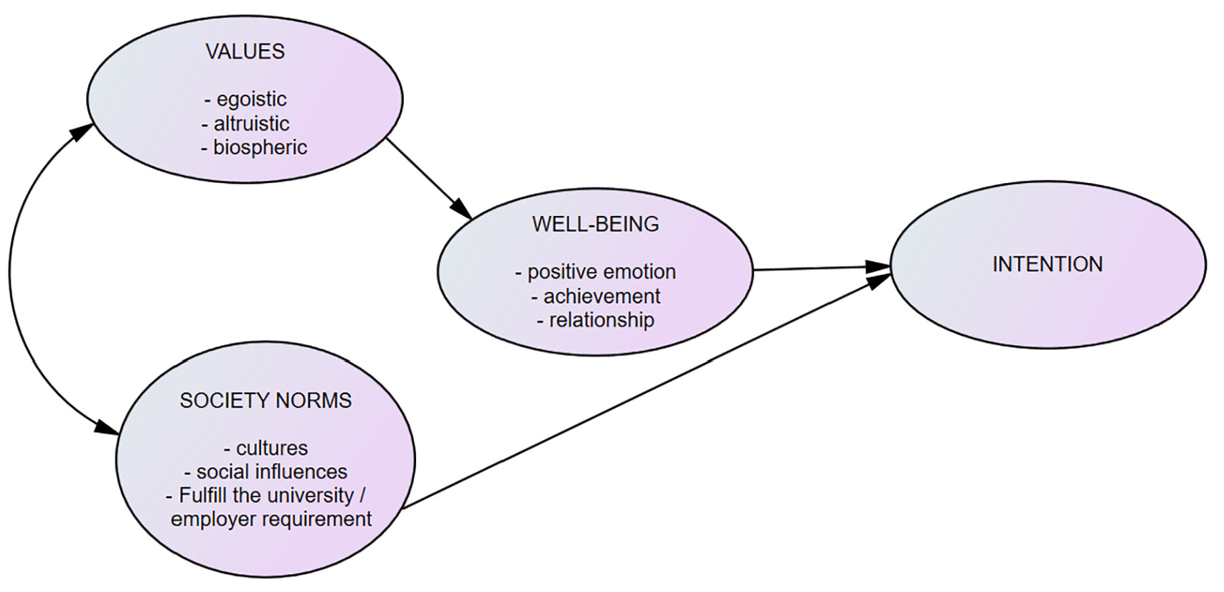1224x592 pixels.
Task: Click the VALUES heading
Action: (245, 52)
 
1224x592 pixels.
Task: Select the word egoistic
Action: (251, 100)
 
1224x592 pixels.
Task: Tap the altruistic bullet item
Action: (245, 123)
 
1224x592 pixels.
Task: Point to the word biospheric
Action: (260, 148)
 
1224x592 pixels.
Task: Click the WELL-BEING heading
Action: (595, 224)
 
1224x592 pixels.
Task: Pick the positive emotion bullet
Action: (595, 272)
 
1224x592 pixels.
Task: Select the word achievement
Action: (602, 296)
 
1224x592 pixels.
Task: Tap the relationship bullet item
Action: (595, 320)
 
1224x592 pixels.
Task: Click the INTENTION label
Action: (1048, 265)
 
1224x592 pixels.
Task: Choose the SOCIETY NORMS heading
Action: (265, 400)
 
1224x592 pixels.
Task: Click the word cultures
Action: (272, 448)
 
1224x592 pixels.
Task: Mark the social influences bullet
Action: (266, 471)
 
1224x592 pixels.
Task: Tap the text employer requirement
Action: (271, 520)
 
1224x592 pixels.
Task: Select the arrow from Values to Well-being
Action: (429, 178)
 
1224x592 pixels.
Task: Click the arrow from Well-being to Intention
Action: (822, 268)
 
